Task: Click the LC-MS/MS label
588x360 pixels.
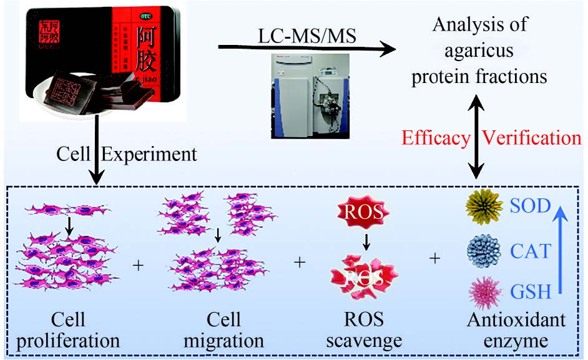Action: pos(307,36)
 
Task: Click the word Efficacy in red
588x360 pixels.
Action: pos(435,137)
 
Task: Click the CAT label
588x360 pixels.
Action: pos(531,252)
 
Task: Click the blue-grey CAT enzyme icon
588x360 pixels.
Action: pos(484,251)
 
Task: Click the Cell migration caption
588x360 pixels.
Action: pos(223,331)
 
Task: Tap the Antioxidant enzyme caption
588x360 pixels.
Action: pos(516,331)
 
